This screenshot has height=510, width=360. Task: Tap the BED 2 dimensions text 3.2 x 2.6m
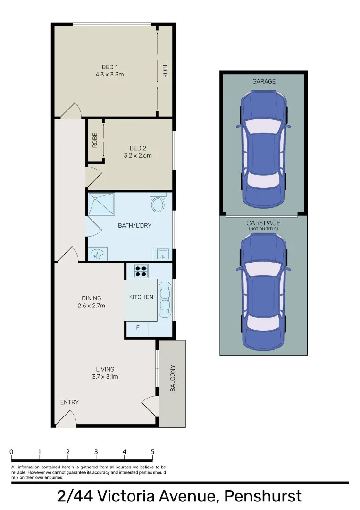tap(137, 155)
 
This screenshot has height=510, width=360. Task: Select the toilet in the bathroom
tap(157, 204)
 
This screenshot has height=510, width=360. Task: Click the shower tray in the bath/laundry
tap(101, 204)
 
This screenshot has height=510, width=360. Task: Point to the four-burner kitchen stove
tap(141, 271)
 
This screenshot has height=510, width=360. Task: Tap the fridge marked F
tap(138, 327)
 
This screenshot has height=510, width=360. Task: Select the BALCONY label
tap(172, 378)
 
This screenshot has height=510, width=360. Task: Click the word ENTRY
tap(69, 402)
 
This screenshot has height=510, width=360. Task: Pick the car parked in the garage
tap(263, 150)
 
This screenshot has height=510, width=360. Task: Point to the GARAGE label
tap(264, 81)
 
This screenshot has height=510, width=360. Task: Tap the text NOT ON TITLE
tap(263, 229)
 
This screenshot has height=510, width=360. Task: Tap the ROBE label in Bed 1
tap(165, 70)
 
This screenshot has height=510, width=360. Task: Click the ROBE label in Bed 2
tap(95, 140)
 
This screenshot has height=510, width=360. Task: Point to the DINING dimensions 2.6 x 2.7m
tap(91, 306)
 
